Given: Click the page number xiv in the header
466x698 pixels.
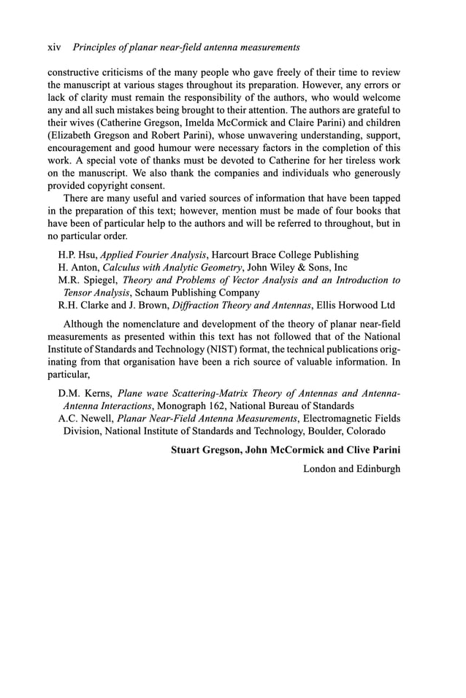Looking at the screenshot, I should point(54,47).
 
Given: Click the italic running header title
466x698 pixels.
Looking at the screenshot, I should point(186,47).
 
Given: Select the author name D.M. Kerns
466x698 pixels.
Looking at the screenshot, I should point(85,393).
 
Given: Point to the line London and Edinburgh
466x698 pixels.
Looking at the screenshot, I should point(351,468).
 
